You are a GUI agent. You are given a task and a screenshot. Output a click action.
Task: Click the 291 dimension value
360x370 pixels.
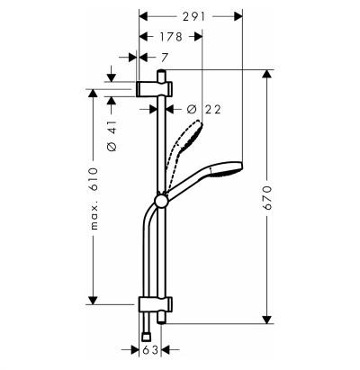pos(193,16)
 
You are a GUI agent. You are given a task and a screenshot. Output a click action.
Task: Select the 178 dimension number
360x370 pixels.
pos(171,37)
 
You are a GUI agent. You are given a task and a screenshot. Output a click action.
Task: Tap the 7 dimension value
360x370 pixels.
pos(164,57)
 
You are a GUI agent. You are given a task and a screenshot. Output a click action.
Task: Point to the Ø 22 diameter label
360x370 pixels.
pos(203,109)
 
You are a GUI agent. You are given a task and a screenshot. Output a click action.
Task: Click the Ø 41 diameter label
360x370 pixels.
pos(112,136)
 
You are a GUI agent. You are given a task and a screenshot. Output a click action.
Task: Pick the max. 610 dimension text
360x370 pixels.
pos(94,199)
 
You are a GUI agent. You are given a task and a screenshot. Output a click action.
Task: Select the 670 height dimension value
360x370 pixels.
pos(266,197)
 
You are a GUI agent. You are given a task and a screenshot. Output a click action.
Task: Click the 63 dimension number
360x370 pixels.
pos(150,350)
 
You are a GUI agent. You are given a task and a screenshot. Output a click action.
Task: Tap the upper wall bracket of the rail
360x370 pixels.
pos(155,89)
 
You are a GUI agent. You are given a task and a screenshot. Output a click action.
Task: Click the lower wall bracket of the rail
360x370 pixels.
pos(156,304)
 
